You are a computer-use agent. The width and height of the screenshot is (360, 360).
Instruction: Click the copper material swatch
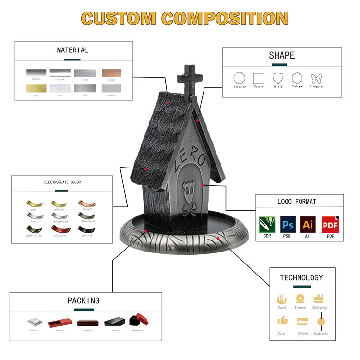pos(111,73)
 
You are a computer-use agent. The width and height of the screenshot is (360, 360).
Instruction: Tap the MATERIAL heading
pos(72,50)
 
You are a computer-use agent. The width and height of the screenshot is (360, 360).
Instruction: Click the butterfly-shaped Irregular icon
pos(316,78)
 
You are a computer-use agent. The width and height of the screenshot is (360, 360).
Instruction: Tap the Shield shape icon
pos(278,78)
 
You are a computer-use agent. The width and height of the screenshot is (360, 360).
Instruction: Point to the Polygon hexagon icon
pos(297,78)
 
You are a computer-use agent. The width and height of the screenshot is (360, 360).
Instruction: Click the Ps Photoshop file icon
pos(287,225)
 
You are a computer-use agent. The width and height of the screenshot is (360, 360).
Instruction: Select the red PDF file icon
pos(329,225)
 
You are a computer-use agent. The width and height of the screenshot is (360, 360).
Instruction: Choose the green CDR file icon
pos(266,225)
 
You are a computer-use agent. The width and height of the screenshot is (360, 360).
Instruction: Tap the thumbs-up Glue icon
pos(282,321)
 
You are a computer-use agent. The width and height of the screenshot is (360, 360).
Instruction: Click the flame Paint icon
pos(282,299)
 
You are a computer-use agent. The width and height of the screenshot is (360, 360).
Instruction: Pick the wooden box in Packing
pos(87,322)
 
